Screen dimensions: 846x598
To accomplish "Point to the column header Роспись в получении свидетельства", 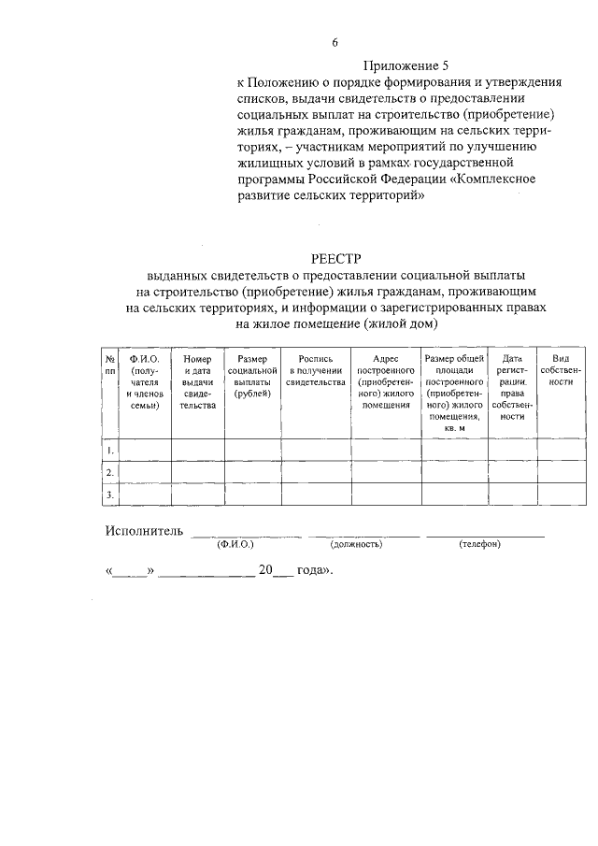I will point(316,370).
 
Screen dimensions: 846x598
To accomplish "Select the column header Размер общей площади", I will point(454,393).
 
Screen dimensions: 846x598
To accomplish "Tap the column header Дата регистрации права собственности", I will point(512,387).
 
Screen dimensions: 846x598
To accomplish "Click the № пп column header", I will point(109,365).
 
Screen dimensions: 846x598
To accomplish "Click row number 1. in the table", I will point(110,451).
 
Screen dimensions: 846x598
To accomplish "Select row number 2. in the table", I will point(110,472).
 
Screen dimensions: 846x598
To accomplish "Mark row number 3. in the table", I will point(110,494).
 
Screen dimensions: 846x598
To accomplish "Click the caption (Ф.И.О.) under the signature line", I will point(235,544).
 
